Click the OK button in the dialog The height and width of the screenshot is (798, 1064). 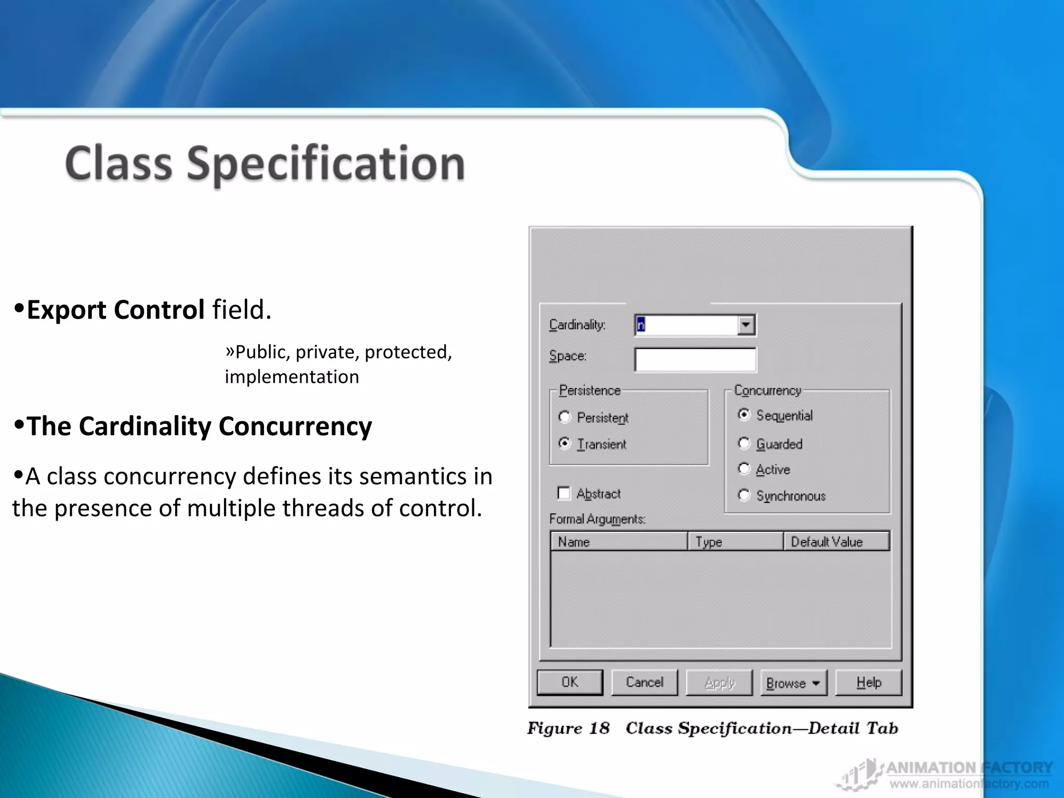[570, 682]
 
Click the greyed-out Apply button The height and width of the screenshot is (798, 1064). [719, 683]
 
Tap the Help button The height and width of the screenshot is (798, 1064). [869, 683]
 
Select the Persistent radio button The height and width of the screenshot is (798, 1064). [565, 417]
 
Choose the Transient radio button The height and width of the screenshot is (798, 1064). [565, 443]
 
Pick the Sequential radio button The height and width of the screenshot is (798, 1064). [744, 415]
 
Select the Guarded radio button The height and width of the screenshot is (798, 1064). [744, 443]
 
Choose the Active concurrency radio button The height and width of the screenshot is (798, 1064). [744, 469]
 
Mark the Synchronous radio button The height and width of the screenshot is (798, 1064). [744, 495]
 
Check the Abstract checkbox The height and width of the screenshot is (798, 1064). [564, 493]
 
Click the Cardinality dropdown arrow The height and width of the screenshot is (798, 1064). [746, 325]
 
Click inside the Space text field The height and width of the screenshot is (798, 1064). [695, 360]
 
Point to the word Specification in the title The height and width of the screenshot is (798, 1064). [326, 164]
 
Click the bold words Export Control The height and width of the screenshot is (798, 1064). [115, 310]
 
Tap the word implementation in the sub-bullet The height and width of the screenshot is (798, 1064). [291, 377]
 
